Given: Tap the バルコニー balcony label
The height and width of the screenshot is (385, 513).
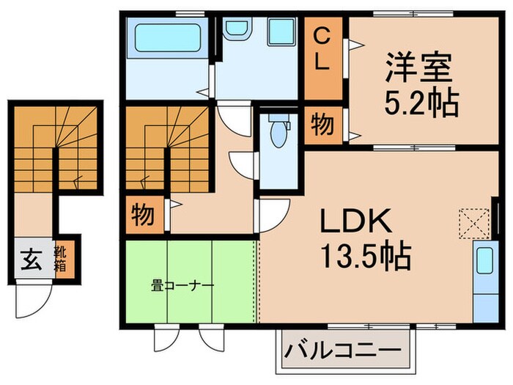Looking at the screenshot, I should [x=342, y=350].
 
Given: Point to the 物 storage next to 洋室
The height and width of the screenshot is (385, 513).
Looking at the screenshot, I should [x=322, y=125].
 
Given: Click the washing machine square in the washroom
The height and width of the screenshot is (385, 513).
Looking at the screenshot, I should [x=281, y=32].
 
